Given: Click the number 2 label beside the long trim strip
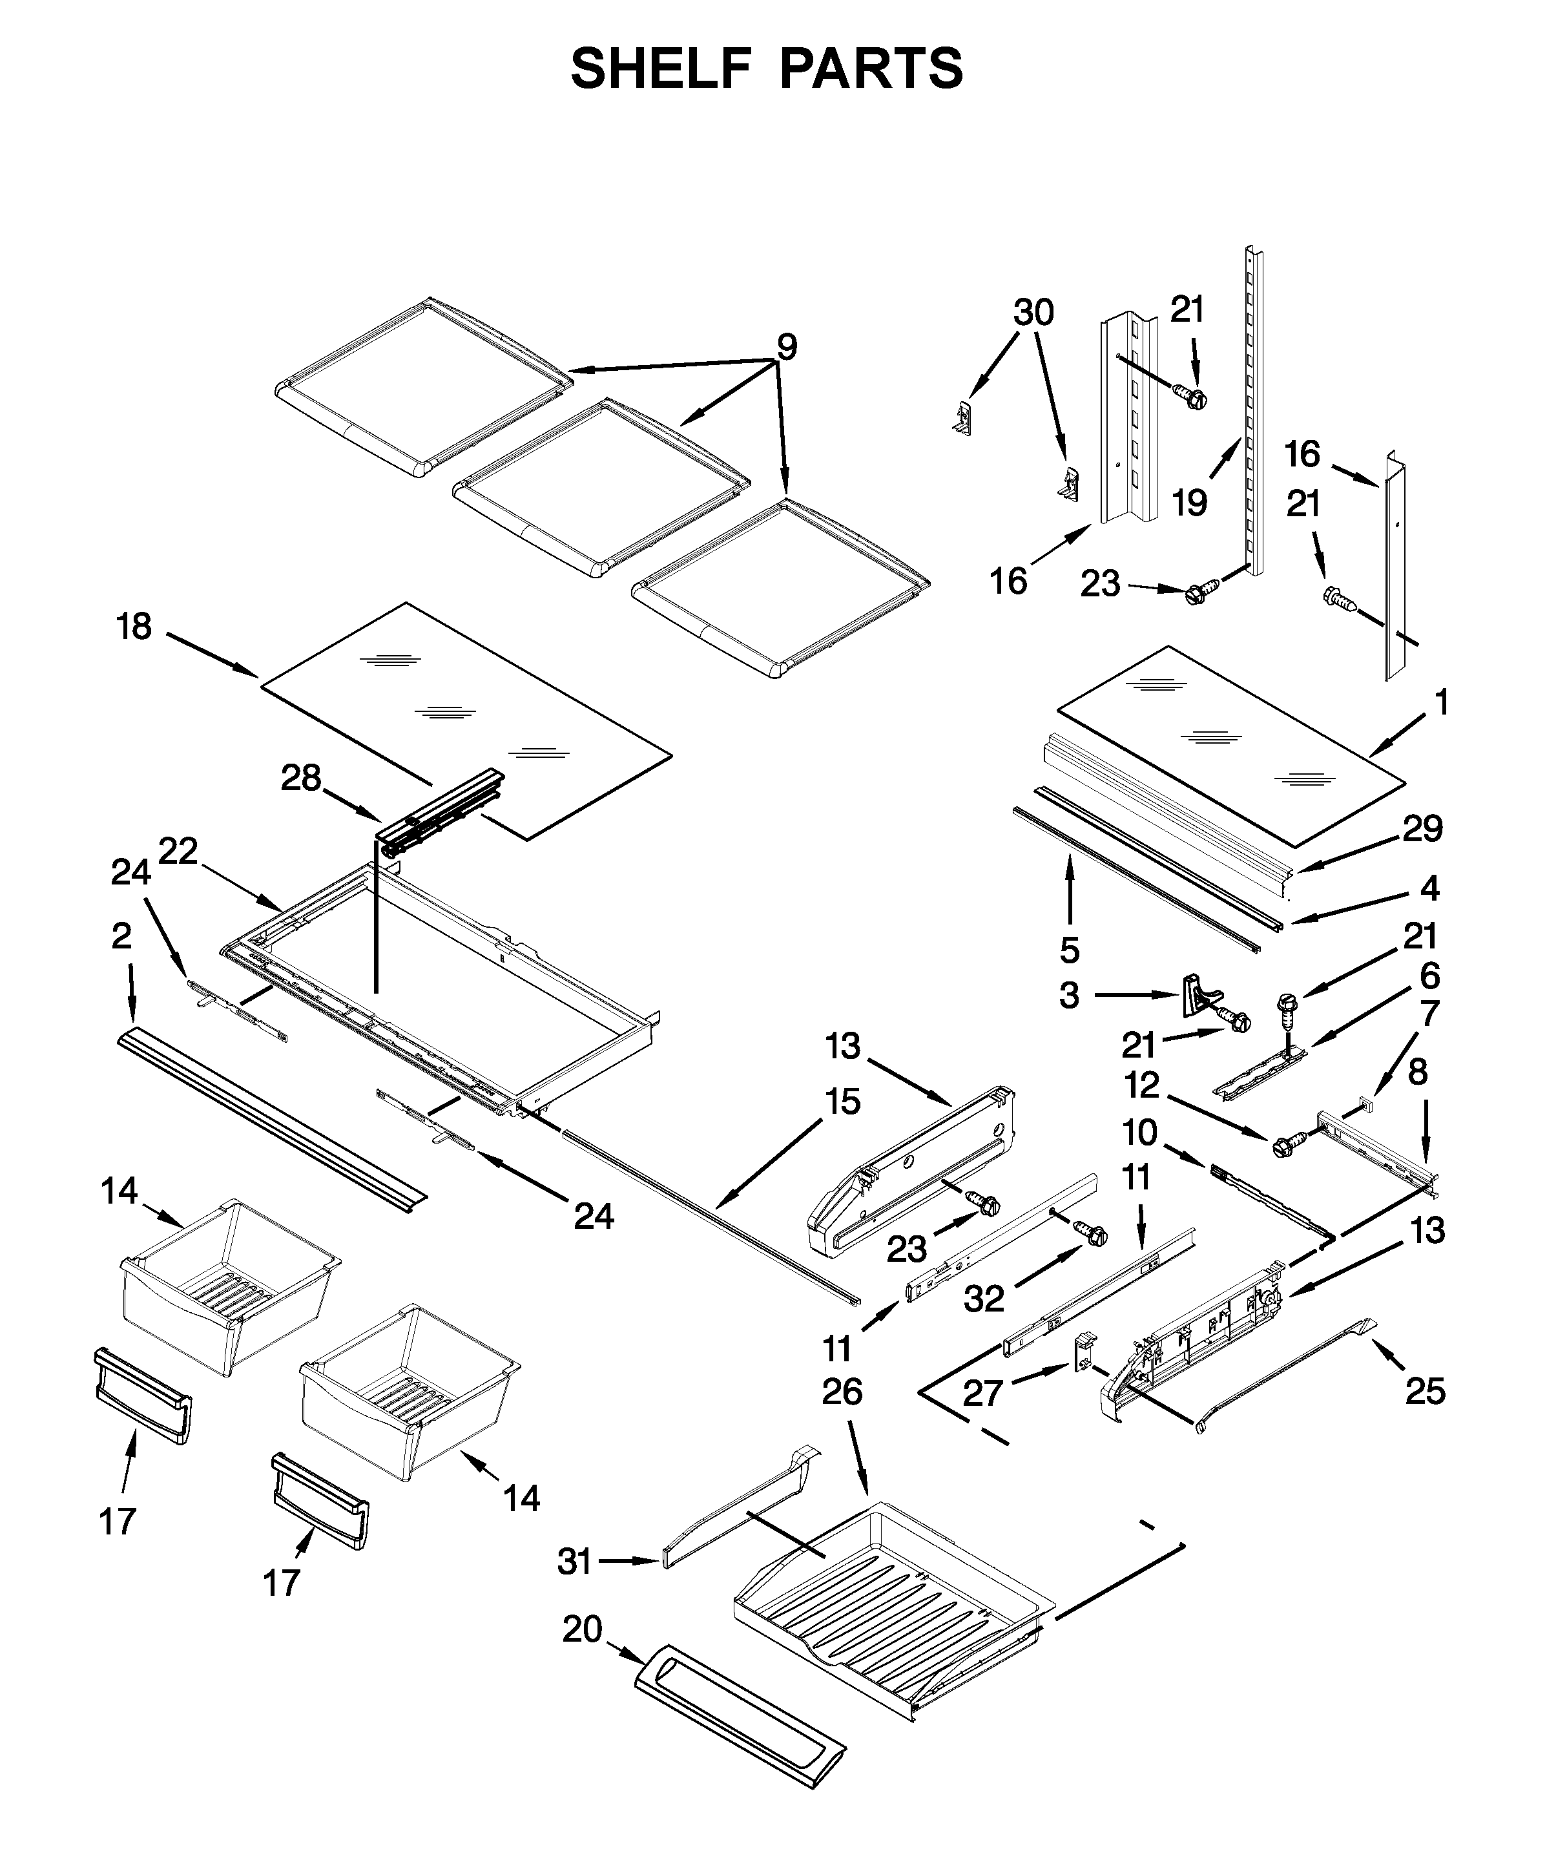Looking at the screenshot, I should (x=121, y=936).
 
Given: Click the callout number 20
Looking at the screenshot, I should (x=583, y=1629).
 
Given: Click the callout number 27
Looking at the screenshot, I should (x=983, y=1393).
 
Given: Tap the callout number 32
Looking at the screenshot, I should (x=984, y=1299).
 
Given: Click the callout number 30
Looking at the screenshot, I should (x=1034, y=312).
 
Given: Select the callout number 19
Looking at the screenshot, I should (x=1190, y=503).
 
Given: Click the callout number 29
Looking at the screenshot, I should (x=1423, y=828).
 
